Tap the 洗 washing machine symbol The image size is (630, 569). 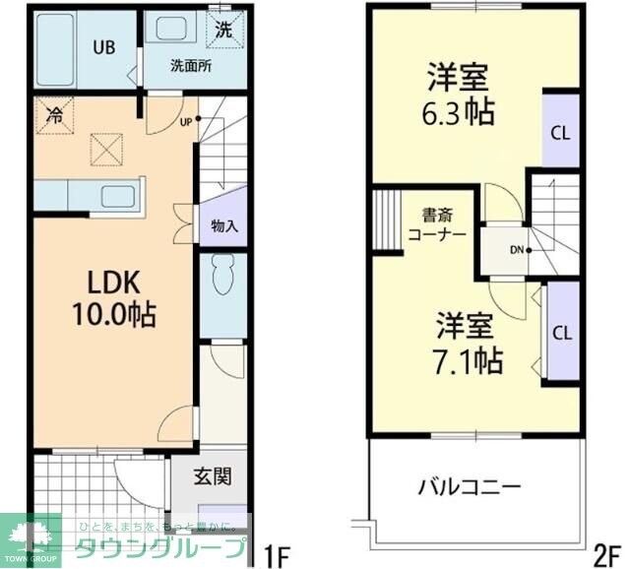223,30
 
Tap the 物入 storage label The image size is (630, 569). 224,226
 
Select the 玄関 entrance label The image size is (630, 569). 214,478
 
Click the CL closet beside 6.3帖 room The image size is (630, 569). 559,131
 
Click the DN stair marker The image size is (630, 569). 517,250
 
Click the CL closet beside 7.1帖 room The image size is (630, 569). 561,333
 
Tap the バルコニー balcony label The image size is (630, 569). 469,486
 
